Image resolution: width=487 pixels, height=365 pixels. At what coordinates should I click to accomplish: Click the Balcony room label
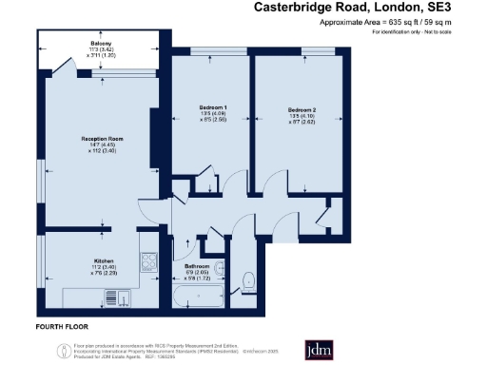pos(101,44)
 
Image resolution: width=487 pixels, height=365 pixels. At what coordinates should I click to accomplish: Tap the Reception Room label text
pos(101,139)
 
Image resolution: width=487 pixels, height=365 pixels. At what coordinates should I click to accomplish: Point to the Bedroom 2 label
pos(302,110)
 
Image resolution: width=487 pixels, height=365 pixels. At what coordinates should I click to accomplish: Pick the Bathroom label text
pos(198,266)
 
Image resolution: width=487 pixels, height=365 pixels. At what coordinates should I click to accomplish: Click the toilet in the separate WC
pos(249,282)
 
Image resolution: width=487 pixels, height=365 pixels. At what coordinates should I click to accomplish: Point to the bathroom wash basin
pos(220,269)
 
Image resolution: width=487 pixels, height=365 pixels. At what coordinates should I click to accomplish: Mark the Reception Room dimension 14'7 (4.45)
pos(101,145)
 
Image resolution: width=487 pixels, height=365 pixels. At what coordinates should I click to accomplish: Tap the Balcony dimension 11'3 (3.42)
pos(101,50)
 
